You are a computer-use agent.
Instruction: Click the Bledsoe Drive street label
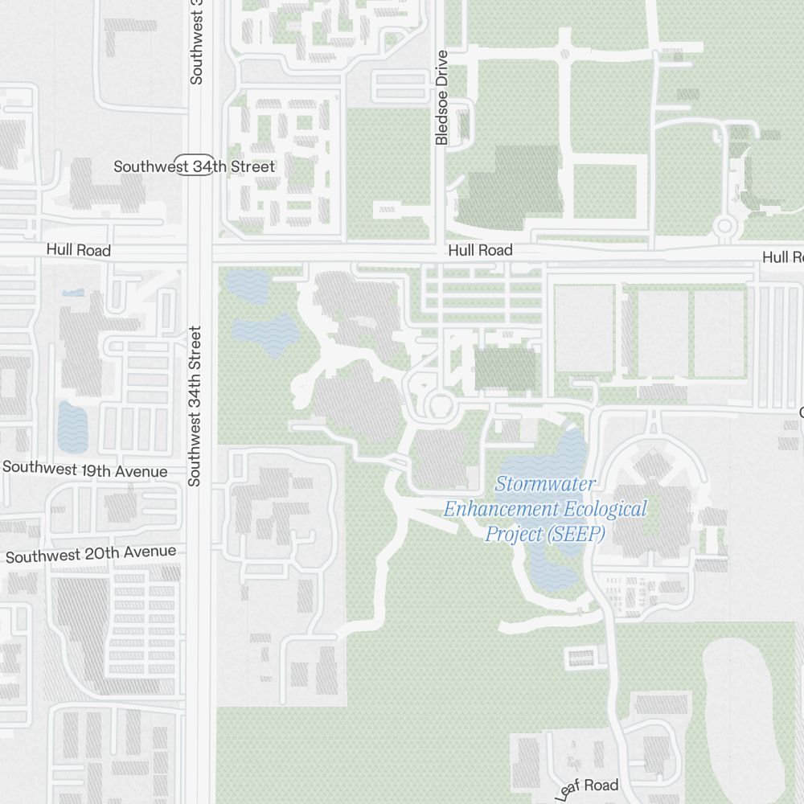(441, 97)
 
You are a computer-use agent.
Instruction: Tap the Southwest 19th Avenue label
(85, 470)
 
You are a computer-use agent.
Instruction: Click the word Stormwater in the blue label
(545, 485)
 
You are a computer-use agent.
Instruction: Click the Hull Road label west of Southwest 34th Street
(78, 250)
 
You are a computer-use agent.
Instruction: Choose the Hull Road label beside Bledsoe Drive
(480, 251)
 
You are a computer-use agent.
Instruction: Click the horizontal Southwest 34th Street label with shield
(194, 166)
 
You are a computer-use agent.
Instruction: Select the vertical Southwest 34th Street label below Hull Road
(194, 406)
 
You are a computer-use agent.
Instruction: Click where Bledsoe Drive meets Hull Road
(440, 252)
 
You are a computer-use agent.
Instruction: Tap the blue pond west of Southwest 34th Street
(72, 425)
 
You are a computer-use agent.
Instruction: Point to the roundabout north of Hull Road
(725, 227)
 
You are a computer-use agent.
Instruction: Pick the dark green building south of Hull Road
(506, 369)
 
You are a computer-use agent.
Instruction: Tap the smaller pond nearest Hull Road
(247, 285)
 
